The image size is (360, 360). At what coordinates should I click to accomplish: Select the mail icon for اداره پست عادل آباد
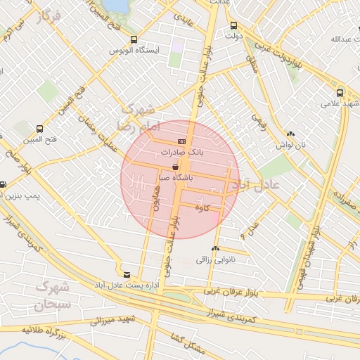click(127, 274)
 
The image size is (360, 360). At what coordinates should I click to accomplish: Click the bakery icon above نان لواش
click(290, 133)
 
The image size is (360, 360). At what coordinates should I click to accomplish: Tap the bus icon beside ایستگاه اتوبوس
click(134, 40)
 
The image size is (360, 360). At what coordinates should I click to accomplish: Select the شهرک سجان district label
click(52, 296)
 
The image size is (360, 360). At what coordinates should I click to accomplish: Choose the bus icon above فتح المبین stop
click(39, 129)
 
